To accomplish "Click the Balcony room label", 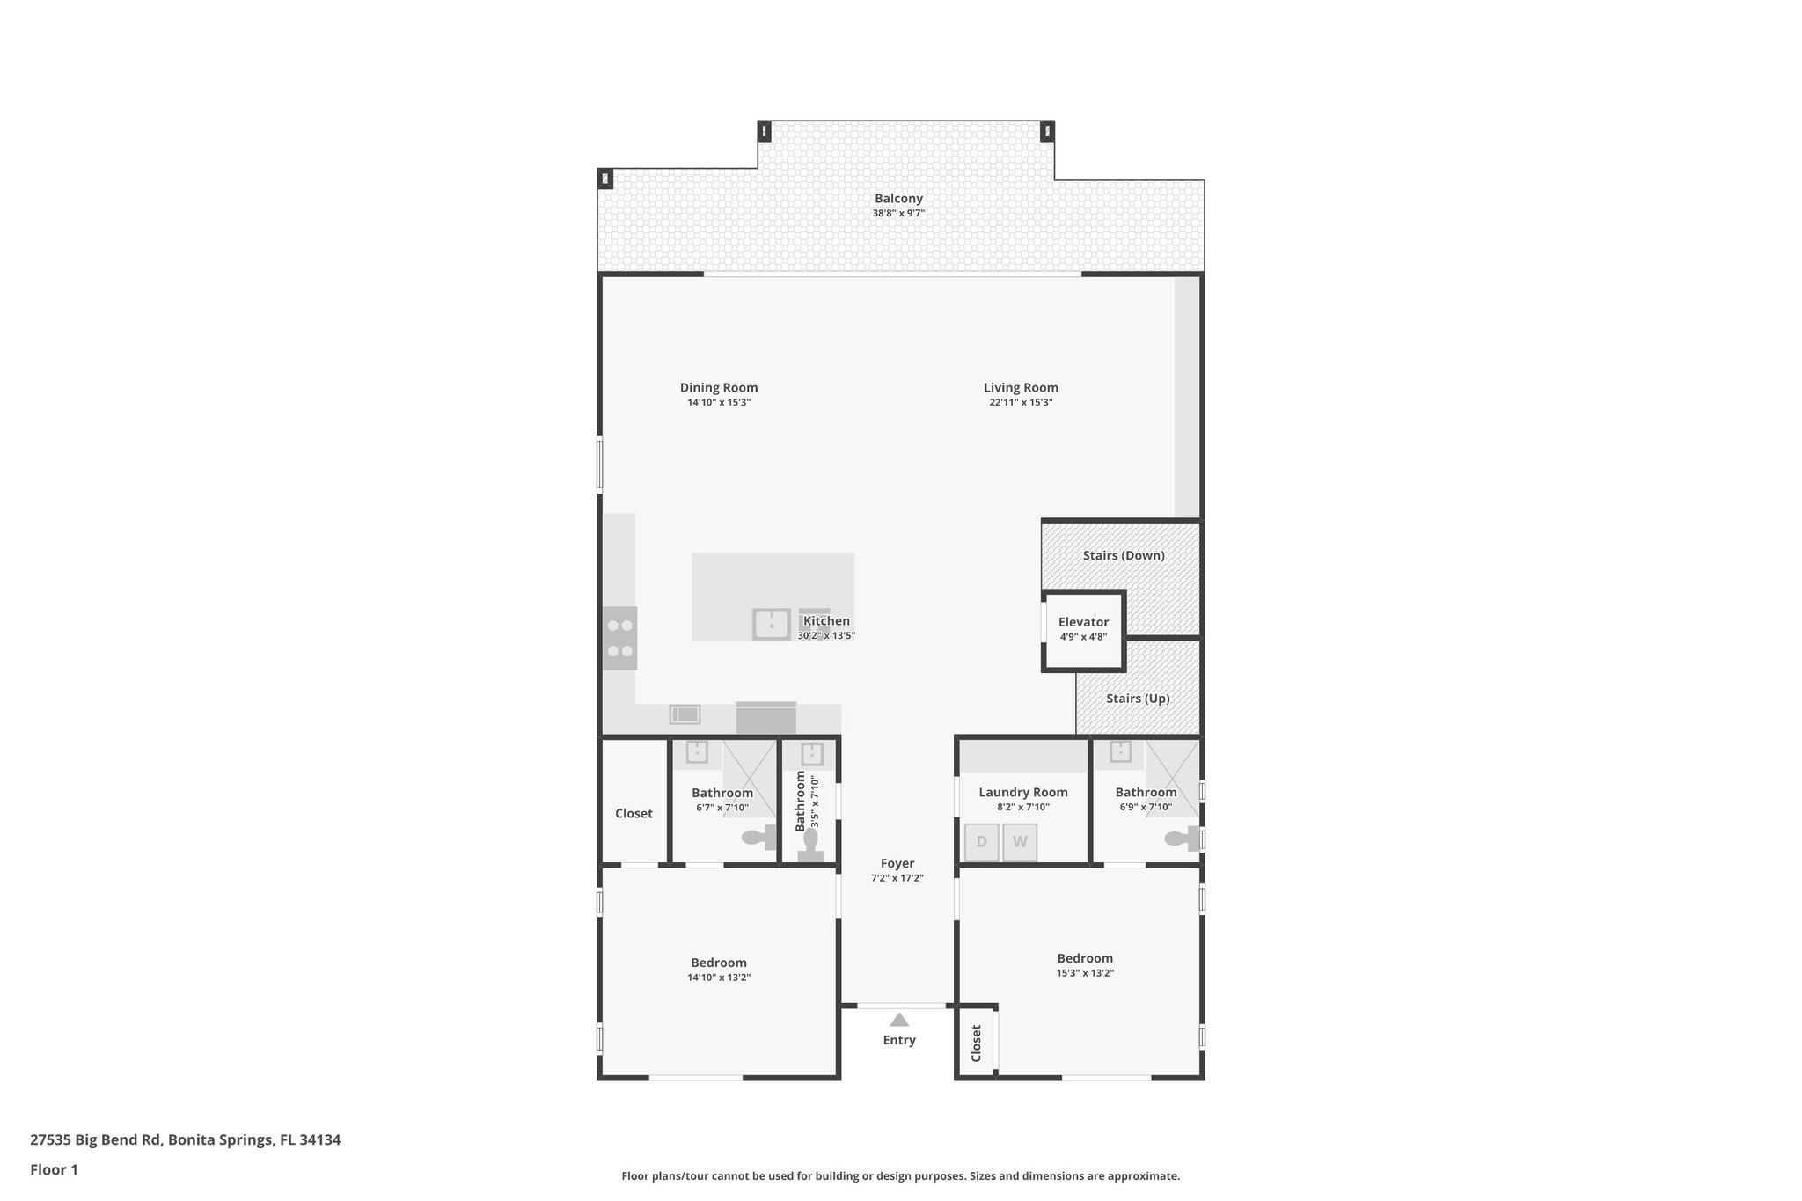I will click(898, 199).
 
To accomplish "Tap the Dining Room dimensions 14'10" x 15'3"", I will click(719, 403).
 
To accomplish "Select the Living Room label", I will click(1021, 387).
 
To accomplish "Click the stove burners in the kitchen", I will click(620, 639).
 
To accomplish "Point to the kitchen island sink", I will click(772, 624).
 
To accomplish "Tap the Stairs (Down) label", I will click(1124, 555).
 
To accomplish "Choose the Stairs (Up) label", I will click(1138, 699).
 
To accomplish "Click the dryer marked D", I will click(981, 842).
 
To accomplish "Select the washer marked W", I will click(1020, 842).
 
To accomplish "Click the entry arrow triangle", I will click(898, 1020).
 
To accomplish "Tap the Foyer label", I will click(897, 864).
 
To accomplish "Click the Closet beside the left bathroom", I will click(634, 813).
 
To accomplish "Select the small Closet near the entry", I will click(977, 1043).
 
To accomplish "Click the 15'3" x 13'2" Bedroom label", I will click(1085, 958).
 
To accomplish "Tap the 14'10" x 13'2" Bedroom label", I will click(719, 963).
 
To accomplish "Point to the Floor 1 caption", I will click(55, 1169).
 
